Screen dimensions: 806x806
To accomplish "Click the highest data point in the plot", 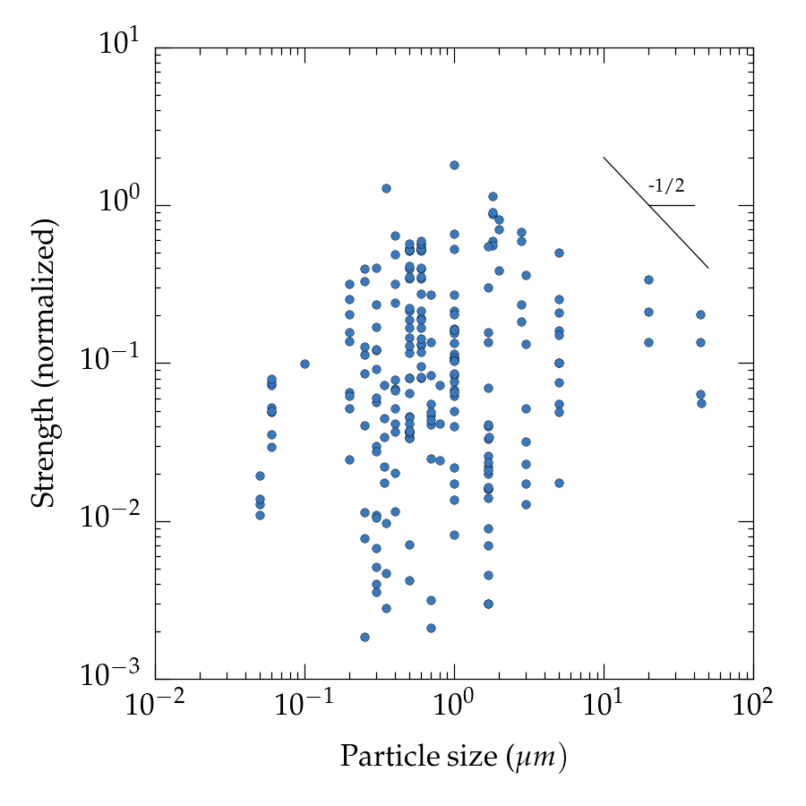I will [454, 165].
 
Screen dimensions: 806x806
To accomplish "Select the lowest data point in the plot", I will [364, 637].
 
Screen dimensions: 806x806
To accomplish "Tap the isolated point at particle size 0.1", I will [304, 364].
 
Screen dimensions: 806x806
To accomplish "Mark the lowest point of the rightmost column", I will [701, 403].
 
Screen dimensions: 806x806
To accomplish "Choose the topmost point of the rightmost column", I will [700, 314].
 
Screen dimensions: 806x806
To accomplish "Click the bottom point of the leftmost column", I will [260, 515].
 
